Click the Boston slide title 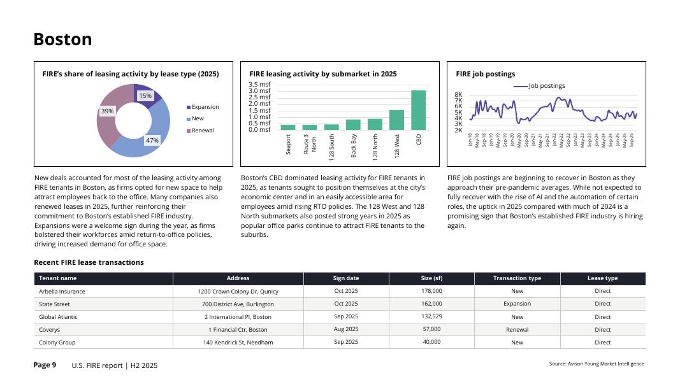pos(62,39)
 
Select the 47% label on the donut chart pos(152,140)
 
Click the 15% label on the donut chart pos(145,95)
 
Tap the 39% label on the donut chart pos(107,111)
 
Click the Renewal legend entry pos(203,131)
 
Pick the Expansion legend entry pos(205,107)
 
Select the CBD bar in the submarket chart pos(418,110)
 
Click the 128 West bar pos(396,120)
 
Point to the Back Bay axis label pos(354,145)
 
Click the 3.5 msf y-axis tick pos(259,84)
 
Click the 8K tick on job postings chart pos(458,95)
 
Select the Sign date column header pos(346,278)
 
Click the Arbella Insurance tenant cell pos(62,292)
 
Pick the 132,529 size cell pos(431,316)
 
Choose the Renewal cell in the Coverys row pos(517,330)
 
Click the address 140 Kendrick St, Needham pos(238,343)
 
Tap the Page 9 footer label pos(45,365)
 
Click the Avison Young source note pos(597,364)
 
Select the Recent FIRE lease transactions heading pos(89,262)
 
